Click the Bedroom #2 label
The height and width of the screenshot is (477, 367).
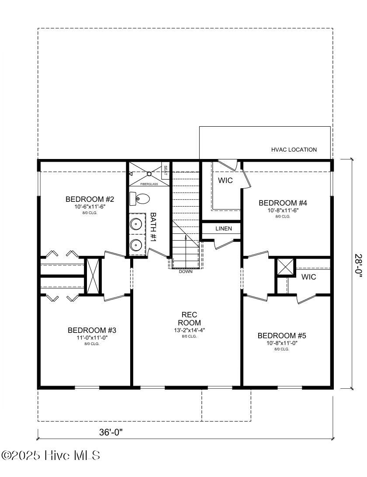[x=90, y=199]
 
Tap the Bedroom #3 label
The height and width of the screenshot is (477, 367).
[x=92, y=330]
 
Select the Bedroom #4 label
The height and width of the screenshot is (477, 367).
[x=283, y=203]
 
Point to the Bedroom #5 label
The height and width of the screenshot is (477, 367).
[x=282, y=335]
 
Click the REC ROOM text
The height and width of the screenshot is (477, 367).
[x=189, y=318]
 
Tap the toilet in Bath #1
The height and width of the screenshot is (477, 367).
[x=139, y=199]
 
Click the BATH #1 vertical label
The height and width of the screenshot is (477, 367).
[x=153, y=227]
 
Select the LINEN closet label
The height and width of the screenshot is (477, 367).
[x=223, y=228]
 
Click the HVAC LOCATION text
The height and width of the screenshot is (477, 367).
[x=294, y=149]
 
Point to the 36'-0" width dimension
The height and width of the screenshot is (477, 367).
[x=111, y=432]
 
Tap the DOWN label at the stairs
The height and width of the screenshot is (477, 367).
[x=185, y=272]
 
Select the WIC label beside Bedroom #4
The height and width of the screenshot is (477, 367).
[x=225, y=180]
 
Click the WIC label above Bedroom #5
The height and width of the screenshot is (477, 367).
[x=308, y=277]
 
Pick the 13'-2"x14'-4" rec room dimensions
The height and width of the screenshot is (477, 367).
[x=189, y=330]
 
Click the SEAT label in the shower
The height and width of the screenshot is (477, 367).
[x=165, y=169]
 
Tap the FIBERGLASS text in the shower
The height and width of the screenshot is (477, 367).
[x=149, y=184]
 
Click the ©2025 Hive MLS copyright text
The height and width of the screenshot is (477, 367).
[x=51, y=455]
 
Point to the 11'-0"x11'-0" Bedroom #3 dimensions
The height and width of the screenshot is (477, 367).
[x=92, y=337]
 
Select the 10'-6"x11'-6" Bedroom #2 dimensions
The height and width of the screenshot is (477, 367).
[x=90, y=206]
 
